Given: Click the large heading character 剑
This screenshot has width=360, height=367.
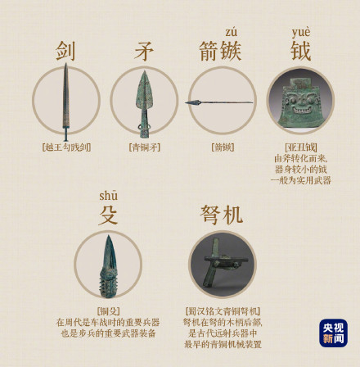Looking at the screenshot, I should coord(66,51).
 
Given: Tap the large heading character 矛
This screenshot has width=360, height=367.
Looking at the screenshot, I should coord(144,51).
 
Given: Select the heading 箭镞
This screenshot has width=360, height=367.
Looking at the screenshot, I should coord(220,51).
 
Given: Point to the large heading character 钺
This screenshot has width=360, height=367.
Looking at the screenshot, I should coord(300,51).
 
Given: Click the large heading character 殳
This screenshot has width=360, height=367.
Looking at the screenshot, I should coord(108,215).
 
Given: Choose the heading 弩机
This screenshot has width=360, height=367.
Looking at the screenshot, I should coord(222,215).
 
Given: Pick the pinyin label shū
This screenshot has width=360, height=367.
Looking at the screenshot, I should coord(108,195).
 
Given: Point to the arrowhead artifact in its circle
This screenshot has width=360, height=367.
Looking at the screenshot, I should coord(220,102).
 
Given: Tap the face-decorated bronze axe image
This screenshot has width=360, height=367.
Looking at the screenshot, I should coord(300,99).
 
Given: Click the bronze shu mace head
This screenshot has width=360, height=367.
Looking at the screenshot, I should coord(108,264).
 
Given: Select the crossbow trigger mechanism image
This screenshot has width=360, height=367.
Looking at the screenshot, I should coord(222,264).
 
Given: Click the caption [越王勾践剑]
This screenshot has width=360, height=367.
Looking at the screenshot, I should coord(66,147).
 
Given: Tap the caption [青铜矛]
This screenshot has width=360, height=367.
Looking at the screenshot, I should coord(144,147).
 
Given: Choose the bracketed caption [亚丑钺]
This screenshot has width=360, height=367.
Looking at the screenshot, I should coord(300,147).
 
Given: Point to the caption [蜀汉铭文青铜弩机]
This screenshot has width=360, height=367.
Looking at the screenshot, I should coord(222,311).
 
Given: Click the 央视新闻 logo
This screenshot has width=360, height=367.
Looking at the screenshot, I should coord(333,333).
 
